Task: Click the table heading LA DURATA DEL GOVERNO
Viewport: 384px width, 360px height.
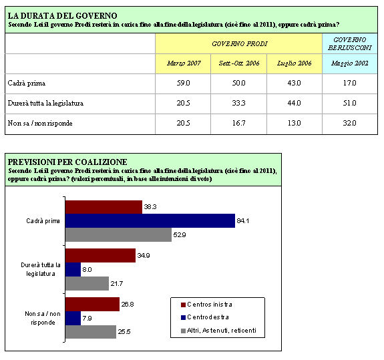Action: click(x=63, y=15)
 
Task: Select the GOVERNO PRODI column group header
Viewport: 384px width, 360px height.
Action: click(x=240, y=44)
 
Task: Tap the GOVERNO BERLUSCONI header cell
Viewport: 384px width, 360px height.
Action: click(x=350, y=43)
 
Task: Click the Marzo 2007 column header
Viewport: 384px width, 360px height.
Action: click(x=184, y=63)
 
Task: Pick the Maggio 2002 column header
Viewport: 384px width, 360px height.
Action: click(x=350, y=63)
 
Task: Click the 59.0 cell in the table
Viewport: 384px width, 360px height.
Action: click(x=183, y=83)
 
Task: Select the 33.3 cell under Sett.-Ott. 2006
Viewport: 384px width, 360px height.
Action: click(x=239, y=103)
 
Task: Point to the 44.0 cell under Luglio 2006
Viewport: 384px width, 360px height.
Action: click(x=294, y=103)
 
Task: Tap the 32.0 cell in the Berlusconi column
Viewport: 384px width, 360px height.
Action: click(x=349, y=123)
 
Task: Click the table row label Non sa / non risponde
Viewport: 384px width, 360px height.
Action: click(x=40, y=123)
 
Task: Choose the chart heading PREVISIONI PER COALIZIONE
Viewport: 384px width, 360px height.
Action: click(x=67, y=162)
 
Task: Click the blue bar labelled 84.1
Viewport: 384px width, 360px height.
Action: click(x=150, y=220)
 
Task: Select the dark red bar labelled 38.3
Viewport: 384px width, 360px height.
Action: click(x=104, y=207)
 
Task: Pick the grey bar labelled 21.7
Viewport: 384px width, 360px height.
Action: click(x=87, y=284)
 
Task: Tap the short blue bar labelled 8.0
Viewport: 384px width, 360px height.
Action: click(x=73, y=270)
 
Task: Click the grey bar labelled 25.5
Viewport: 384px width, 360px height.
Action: click(x=91, y=332)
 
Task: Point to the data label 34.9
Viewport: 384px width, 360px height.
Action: click(x=144, y=256)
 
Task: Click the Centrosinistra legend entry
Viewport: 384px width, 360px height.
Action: click(x=206, y=305)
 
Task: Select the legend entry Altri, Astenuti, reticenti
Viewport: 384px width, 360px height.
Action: click(x=218, y=331)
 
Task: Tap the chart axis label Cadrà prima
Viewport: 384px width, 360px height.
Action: click(x=43, y=221)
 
